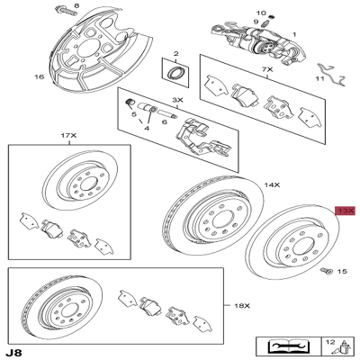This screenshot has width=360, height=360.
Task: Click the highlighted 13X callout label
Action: [345, 211]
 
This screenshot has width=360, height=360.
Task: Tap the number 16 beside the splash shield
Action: [39, 76]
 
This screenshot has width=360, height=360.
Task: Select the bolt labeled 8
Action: [66, 13]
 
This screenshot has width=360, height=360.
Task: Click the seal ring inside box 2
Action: [175, 73]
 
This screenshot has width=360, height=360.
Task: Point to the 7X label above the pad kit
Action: [267, 69]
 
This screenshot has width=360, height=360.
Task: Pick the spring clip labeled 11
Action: [332, 74]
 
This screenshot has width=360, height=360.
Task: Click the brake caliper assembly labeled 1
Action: [257, 42]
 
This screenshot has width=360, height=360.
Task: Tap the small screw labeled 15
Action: [327, 271]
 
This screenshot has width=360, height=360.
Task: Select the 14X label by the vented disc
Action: [272, 185]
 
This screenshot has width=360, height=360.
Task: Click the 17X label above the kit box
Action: [69, 136]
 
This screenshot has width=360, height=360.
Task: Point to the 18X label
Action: [242, 306]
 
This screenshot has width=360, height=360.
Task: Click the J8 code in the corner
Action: [14, 352]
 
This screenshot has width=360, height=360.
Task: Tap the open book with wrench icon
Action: [288, 346]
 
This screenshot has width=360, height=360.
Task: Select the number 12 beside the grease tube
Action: [330, 342]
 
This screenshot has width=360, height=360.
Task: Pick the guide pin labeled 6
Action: [167, 114]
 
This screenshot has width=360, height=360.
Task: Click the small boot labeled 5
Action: [129, 103]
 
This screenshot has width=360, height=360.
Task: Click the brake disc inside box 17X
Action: [80, 183]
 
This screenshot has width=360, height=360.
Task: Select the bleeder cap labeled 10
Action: [273, 17]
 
